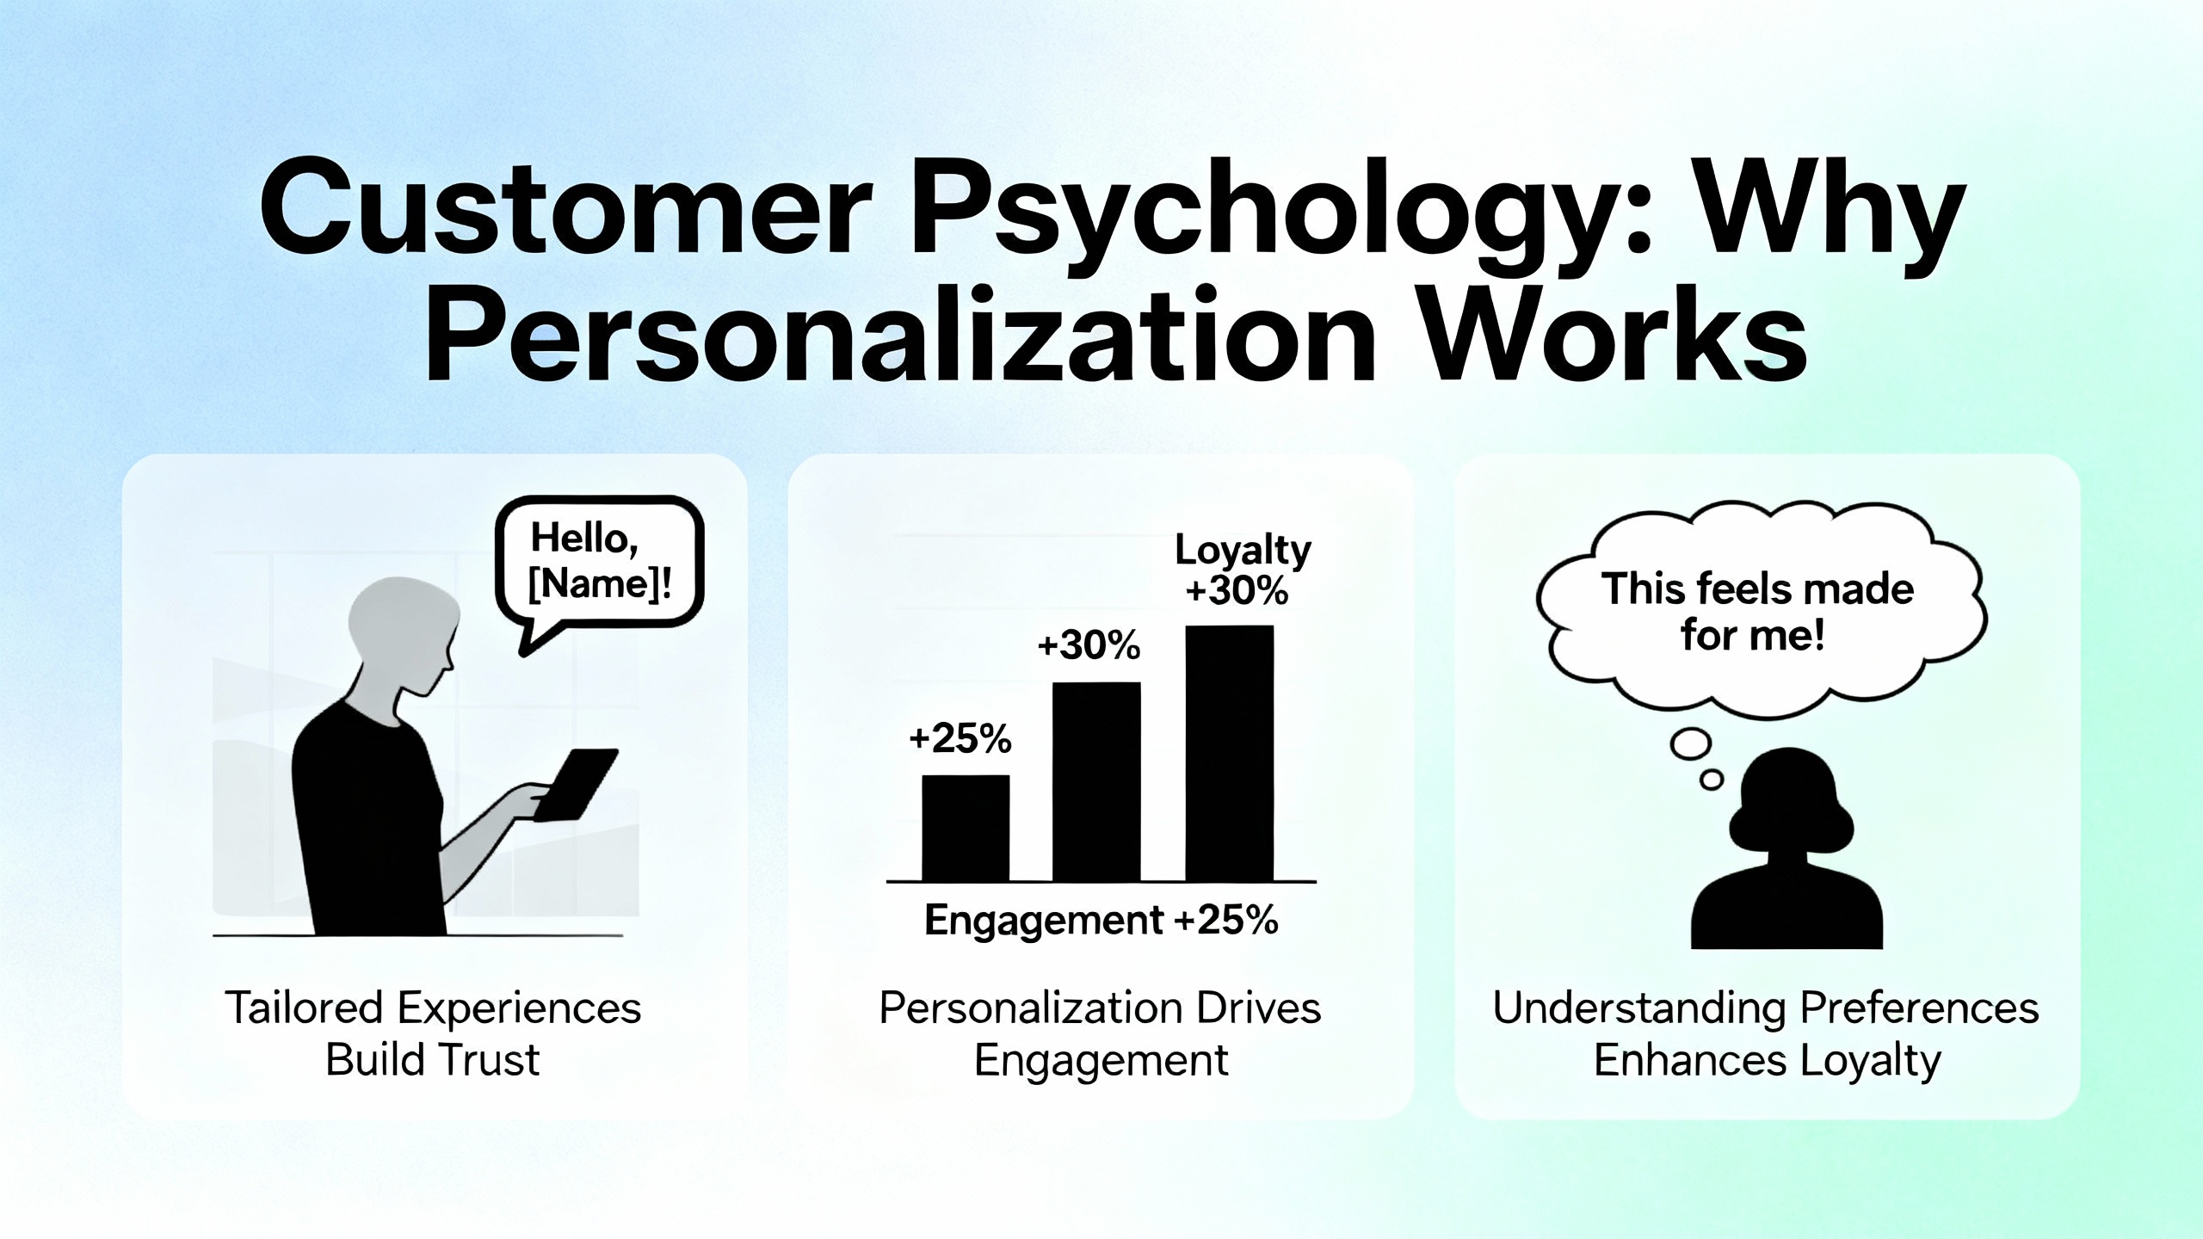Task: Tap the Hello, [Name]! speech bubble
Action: click(x=600, y=566)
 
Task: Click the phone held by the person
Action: click(x=577, y=784)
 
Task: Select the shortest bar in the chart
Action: click(x=966, y=828)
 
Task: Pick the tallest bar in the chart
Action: click(x=1230, y=753)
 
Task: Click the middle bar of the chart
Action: click(x=1096, y=781)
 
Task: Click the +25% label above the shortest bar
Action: click(x=960, y=739)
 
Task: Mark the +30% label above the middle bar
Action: click(x=1089, y=645)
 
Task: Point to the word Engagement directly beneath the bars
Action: click(x=1044, y=921)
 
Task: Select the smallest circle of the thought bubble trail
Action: click(x=1712, y=780)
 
